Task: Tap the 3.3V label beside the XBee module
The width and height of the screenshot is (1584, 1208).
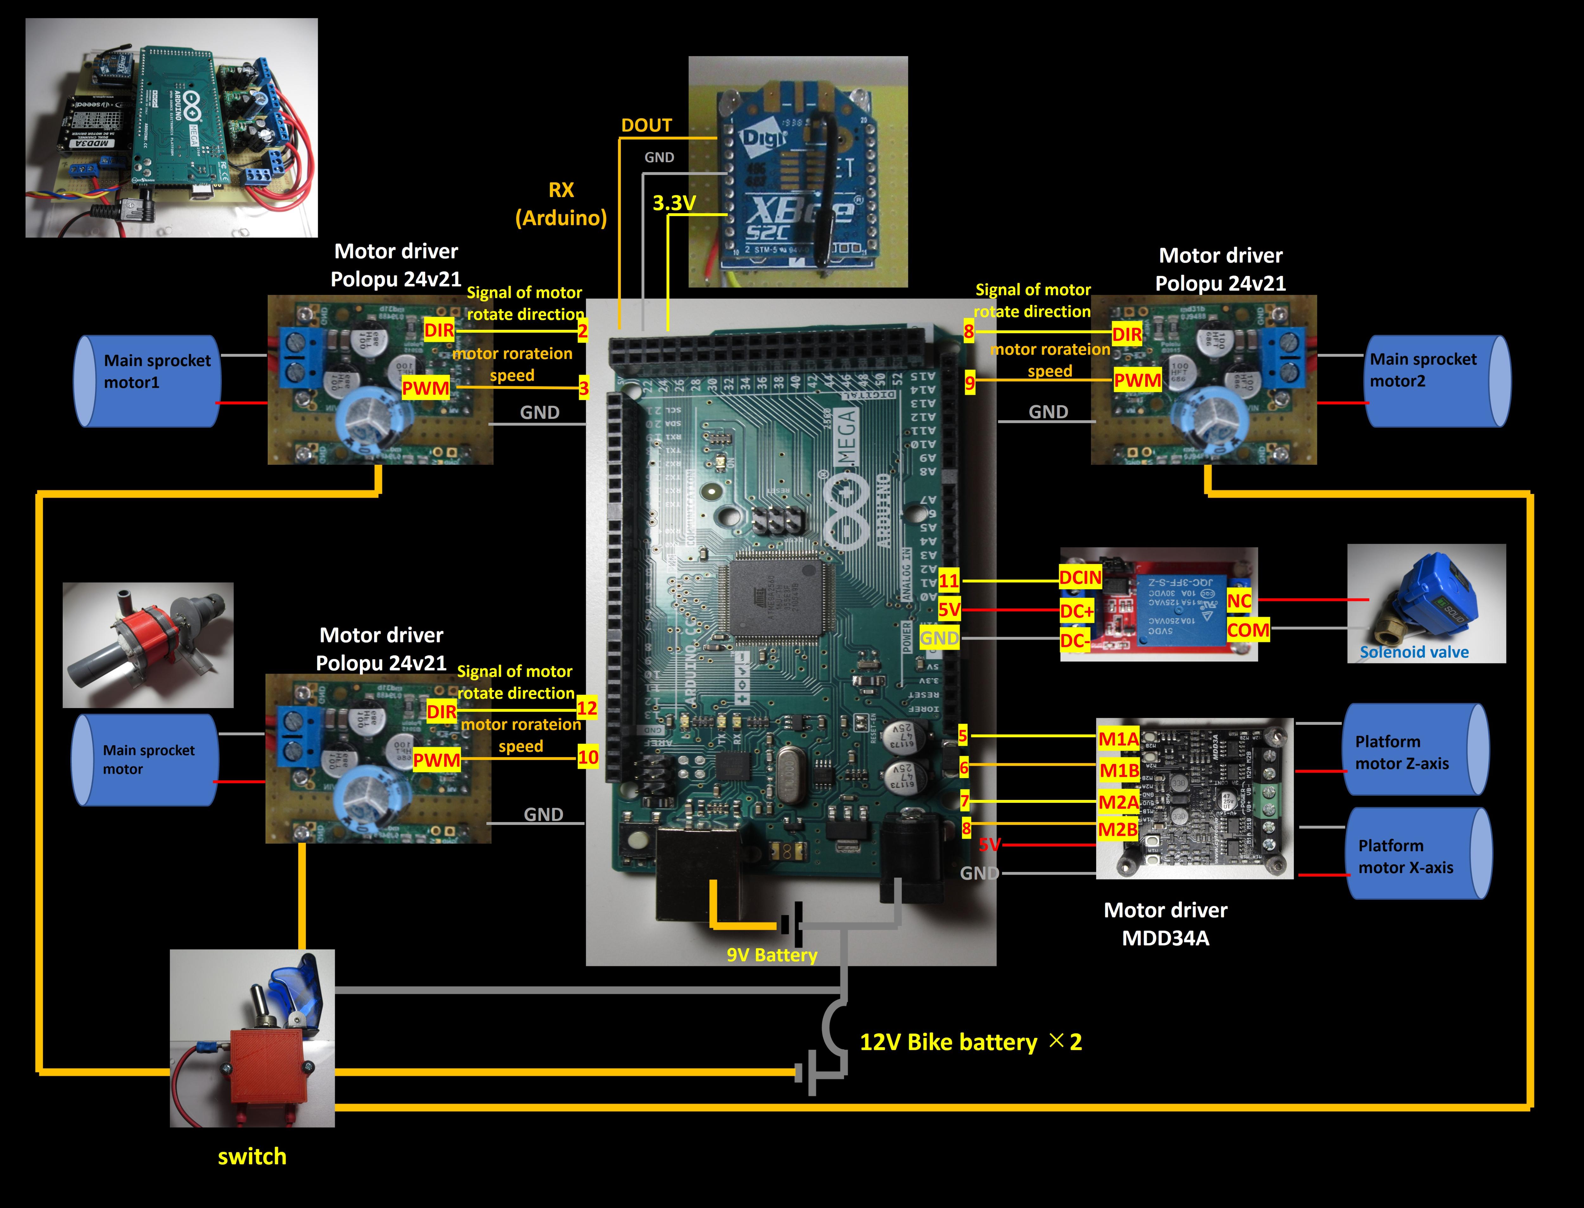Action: (x=674, y=203)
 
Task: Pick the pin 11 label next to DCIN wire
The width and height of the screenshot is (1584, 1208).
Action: (x=948, y=580)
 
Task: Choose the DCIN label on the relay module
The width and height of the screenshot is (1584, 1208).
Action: (x=1080, y=578)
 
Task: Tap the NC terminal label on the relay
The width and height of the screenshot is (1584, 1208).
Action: (x=1239, y=601)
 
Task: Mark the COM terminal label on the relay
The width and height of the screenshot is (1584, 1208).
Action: (x=1248, y=630)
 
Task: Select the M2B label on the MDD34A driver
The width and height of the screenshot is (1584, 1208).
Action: (x=1117, y=830)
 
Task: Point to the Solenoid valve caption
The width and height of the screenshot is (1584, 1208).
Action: (x=1414, y=652)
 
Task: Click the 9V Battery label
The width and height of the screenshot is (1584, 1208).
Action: (x=771, y=955)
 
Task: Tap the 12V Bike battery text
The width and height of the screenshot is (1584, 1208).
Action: (x=948, y=1042)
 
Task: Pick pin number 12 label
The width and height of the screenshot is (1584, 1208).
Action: (x=587, y=708)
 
